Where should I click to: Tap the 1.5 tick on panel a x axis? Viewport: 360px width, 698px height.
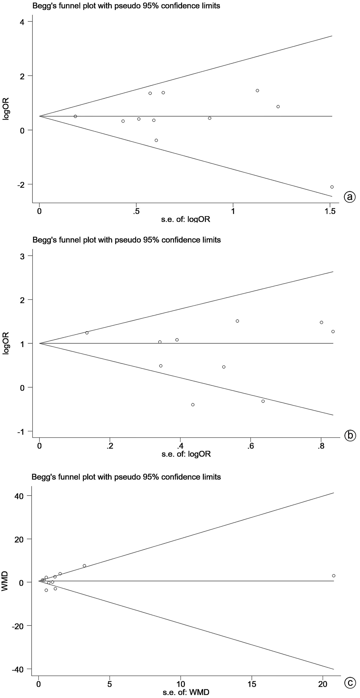pos(330,211)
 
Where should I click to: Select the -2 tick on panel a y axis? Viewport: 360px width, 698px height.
pos(19,184)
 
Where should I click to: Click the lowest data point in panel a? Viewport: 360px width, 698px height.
pos(332,187)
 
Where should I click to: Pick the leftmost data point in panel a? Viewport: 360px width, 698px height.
pos(75,116)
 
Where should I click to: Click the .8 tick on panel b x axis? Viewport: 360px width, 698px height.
pos(321,446)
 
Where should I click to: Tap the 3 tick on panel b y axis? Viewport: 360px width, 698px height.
pos(22,256)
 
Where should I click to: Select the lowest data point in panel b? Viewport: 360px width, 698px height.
pos(193,404)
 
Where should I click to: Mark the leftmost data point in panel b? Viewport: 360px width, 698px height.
pos(87,333)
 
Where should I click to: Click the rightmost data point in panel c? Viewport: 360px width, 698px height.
pos(334,576)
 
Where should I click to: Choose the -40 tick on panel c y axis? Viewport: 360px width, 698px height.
pos(18,669)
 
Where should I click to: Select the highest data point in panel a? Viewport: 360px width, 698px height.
pos(257,90)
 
